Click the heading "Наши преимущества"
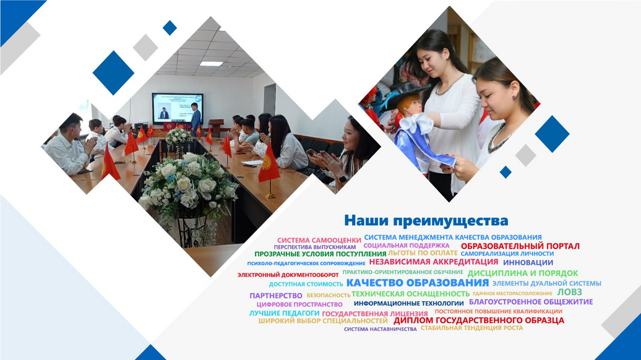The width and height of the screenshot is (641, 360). coord(426,221)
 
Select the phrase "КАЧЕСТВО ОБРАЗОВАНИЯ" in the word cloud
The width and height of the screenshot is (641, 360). coord(418,283)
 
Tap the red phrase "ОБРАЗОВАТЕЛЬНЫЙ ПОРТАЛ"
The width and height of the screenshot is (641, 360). coord(520,246)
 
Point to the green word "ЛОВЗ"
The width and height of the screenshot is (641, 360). coord(569,292)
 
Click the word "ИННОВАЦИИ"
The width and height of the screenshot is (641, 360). coord(528,263)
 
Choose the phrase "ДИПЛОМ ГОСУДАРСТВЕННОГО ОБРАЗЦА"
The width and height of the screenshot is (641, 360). coord(479,320)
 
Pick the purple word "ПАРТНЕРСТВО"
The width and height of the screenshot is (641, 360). coord(276,296)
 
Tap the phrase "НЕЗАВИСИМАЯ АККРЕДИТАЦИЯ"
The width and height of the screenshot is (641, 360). coord(433,262)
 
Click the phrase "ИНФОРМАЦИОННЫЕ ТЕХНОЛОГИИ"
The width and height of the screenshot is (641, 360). coord(408,304)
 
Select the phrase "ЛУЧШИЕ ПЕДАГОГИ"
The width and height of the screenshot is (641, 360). coord(284,314)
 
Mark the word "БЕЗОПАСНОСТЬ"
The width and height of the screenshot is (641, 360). coord(329,295)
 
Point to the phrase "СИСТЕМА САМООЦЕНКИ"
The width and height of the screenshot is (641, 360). coord(319,240)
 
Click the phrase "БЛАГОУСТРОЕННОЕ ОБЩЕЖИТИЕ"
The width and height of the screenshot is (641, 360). coord(531,302)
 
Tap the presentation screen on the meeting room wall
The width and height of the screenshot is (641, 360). coord(178,108)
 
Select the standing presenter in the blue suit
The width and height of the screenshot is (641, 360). coord(196,116)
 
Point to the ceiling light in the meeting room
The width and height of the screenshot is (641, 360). coord(212,64)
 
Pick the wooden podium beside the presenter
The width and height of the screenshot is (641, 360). coord(216,127)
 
